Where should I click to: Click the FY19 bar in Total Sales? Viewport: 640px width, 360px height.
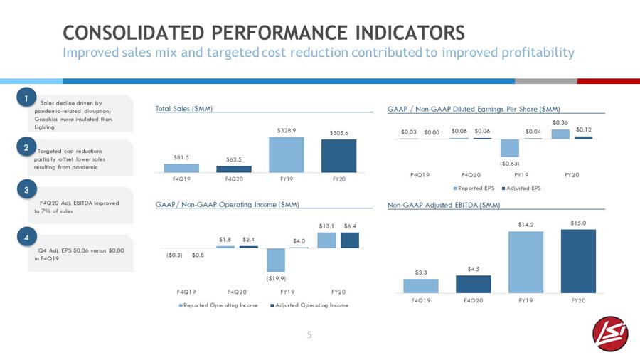(286, 154)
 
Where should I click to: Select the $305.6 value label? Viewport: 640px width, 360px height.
(338, 133)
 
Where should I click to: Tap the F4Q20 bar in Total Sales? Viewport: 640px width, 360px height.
(234, 169)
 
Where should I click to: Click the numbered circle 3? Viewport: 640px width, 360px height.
(27, 190)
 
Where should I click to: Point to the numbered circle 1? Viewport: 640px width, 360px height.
(26, 97)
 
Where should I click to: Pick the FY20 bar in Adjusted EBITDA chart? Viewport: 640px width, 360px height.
(578, 261)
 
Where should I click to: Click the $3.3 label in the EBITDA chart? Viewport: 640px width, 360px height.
(421, 272)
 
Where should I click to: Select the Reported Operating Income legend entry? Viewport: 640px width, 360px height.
(218, 305)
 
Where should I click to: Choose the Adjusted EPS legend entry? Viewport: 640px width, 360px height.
(521, 188)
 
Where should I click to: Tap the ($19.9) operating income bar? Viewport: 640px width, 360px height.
(276, 260)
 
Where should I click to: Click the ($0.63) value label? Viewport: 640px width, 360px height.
(509, 164)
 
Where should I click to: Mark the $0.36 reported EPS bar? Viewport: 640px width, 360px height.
(560, 134)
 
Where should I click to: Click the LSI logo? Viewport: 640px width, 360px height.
(611, 334)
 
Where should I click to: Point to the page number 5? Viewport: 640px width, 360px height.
(309, 335)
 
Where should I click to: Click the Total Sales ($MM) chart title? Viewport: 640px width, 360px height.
(184, 109)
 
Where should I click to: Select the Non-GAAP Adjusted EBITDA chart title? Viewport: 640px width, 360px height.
(444, 205)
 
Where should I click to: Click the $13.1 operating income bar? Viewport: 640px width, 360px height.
(326, 240)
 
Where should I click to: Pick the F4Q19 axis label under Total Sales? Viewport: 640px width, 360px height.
(181, 179)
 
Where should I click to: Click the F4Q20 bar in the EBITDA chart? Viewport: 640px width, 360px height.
(474, 284)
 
